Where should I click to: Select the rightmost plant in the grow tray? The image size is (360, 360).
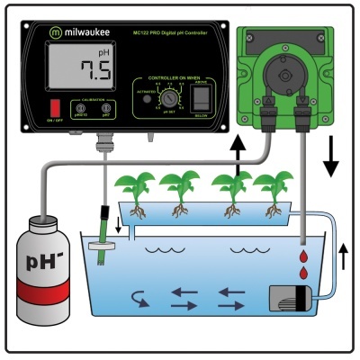[x=269, y=189]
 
